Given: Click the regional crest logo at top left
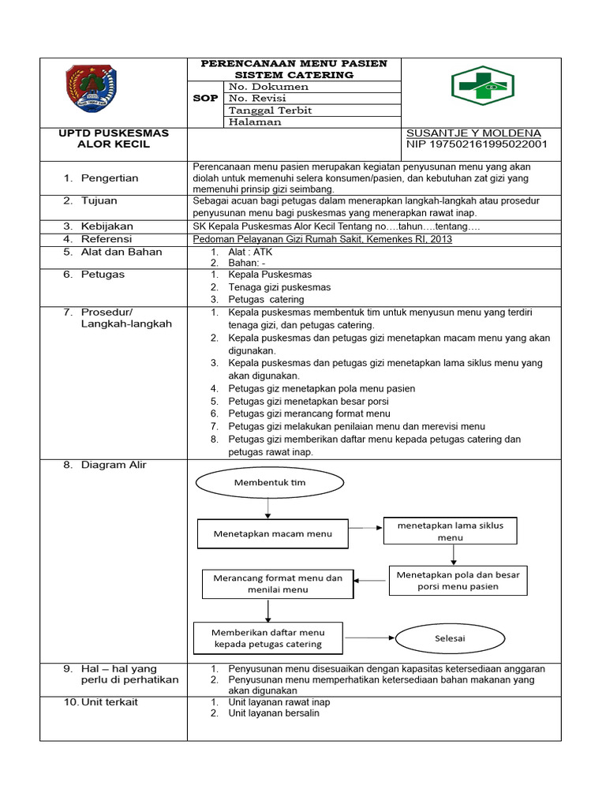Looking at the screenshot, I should coord(92,90).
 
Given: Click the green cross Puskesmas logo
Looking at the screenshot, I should coord(481,85).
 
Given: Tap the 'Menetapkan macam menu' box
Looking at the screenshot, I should coord(272,533).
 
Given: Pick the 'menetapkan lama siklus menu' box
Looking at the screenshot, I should coord(450,531).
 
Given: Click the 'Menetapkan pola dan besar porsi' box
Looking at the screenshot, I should coord(458,581).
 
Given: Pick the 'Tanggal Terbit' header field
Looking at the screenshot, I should coord(270,110).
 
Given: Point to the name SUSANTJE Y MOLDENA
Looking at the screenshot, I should coord(473,133).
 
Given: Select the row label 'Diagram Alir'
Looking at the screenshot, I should coord(114,465).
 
